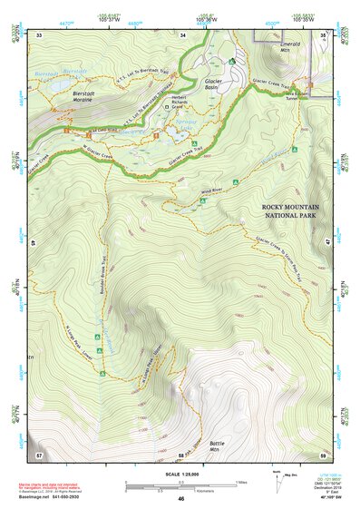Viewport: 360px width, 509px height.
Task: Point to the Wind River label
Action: [210, 191]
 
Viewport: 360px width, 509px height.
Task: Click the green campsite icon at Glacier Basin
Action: [233, 62]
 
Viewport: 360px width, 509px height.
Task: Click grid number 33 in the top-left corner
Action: [40, 34]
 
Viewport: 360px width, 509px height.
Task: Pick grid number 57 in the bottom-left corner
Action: [39, 454]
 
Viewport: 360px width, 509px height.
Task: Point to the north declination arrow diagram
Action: [277, 482]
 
